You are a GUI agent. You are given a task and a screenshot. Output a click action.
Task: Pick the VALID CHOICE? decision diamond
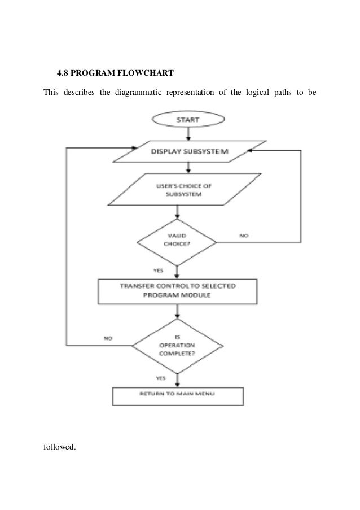(x=177, y=242)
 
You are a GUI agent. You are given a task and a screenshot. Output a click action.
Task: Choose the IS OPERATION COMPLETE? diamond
(x=177, y=345)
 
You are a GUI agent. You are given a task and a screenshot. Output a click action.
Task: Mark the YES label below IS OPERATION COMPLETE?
(x=160, y=377)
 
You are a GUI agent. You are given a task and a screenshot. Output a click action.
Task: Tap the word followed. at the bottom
(x=59, y=447)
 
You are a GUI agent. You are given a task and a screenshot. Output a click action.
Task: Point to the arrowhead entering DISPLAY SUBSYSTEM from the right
(x=251, y=151)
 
